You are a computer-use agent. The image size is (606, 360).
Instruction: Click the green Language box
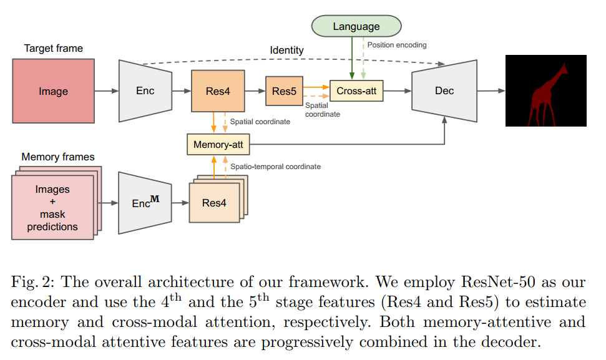[x=356, y=26]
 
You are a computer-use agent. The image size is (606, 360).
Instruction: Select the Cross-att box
[x=356, y=91]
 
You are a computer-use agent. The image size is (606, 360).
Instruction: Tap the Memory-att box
[x=218, y=145]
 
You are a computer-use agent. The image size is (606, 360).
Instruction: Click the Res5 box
[x=284, y=91]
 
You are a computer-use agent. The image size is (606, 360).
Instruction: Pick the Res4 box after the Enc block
[x=217, y=91]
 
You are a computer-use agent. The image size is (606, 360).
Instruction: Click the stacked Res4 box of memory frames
[x=214, y=203]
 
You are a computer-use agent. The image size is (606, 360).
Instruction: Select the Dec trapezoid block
[x=444, y=91]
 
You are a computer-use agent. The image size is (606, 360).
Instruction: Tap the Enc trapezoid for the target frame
[x=145, y=91]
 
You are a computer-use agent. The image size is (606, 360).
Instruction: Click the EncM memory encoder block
[x=145, y=203]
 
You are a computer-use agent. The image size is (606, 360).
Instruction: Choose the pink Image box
[x=54, y=91]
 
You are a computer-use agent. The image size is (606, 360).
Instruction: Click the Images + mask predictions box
[x=52, y=207]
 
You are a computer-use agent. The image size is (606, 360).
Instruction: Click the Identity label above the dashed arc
[x=286, y=50]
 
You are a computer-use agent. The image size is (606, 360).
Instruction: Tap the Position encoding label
[x=397, y=45]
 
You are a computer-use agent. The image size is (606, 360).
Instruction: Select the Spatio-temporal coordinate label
[x=275, y=167]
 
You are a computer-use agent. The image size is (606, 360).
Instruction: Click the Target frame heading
[x=53, y=48]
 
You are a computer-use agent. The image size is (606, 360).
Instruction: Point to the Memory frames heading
[x=58, y=157]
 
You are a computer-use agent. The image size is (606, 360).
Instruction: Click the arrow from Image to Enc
[x=106, y=91]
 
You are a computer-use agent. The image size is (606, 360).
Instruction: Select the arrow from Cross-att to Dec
[x=398, y=91]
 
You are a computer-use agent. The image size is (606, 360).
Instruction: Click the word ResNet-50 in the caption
[x=487, y=282]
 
